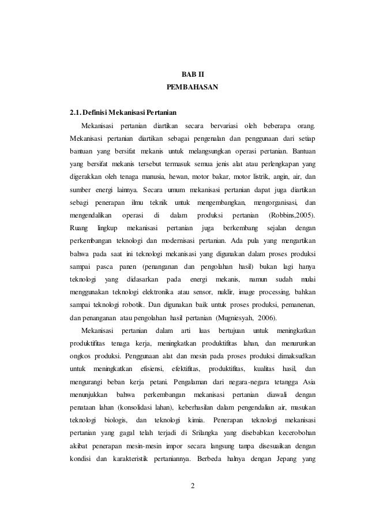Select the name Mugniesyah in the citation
point(238,318)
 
